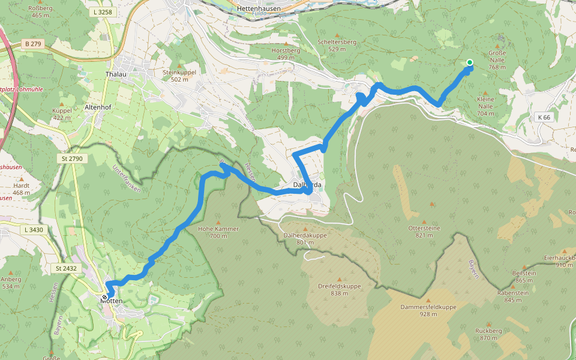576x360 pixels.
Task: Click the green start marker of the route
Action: (x=469, y=62)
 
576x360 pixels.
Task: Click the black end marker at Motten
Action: (x=105, y=297)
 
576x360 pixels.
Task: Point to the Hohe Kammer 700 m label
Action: (x=218, y=232)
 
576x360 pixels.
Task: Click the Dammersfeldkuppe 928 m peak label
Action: (x=428, y=310)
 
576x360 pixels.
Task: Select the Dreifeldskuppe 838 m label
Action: (x=340, y=289)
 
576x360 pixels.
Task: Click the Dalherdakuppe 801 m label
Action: (x=305, y=239)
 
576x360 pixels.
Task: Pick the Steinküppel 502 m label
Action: (x=179, y=75)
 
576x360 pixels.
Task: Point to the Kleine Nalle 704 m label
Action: (x=485, y=106)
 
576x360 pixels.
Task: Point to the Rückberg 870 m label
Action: (x=485, y=334)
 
